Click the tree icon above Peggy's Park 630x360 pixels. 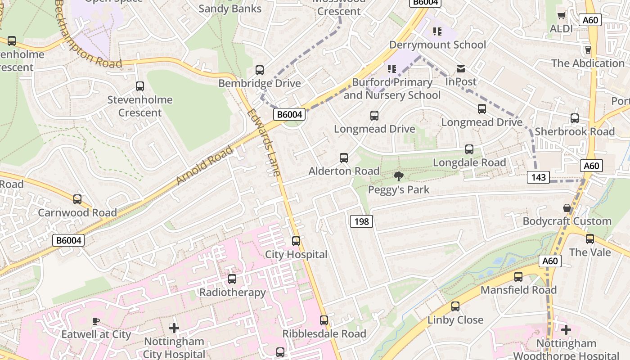click(x=399, y=176)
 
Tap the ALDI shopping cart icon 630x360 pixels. click(x=561, y=16)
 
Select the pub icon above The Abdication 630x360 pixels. click(x=588, y=49)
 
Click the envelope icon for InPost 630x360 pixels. click(x=461, y=69)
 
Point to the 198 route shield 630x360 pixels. click(x=361, y=221)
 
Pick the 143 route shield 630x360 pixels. click(x=538, y=177)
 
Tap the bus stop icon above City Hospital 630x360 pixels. click(x=296, y=241)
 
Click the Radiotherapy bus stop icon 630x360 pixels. click(x=232, y=279)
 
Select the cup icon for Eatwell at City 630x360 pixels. click(x=95, y=321)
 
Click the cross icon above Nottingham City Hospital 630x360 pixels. click(x=174, y=328)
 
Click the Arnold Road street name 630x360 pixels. click(x=205, y=165)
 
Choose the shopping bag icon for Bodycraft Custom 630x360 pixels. click(x=567, y=208)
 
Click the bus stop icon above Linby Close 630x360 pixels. click(x=455, y=307)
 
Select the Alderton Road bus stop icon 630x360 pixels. click(x=344, y=158)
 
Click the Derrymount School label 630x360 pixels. click(x=437, y=45)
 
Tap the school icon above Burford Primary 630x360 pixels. click(x=392, y=69)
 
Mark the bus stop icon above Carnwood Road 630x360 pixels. click(x=77, y=199)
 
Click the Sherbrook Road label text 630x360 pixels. click(x=574, y=132)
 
